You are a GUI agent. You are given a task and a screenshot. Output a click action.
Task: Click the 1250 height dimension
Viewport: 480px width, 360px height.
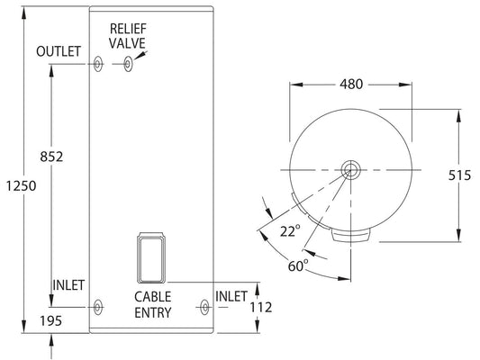22,185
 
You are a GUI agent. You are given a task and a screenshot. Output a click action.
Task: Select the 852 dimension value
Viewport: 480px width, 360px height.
51,157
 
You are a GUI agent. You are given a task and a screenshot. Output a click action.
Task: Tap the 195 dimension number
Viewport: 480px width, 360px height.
51,320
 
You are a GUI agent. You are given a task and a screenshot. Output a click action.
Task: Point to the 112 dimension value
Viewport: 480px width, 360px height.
261,308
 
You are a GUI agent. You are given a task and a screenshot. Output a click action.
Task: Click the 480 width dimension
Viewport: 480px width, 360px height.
351,84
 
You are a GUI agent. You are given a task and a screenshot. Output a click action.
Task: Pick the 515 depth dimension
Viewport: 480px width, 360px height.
459,175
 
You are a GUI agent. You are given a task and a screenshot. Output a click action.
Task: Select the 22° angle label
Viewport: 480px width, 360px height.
290,231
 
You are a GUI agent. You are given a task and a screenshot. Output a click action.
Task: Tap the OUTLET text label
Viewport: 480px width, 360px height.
59,51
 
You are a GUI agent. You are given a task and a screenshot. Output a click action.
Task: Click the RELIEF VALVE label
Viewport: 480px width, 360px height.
128,36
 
